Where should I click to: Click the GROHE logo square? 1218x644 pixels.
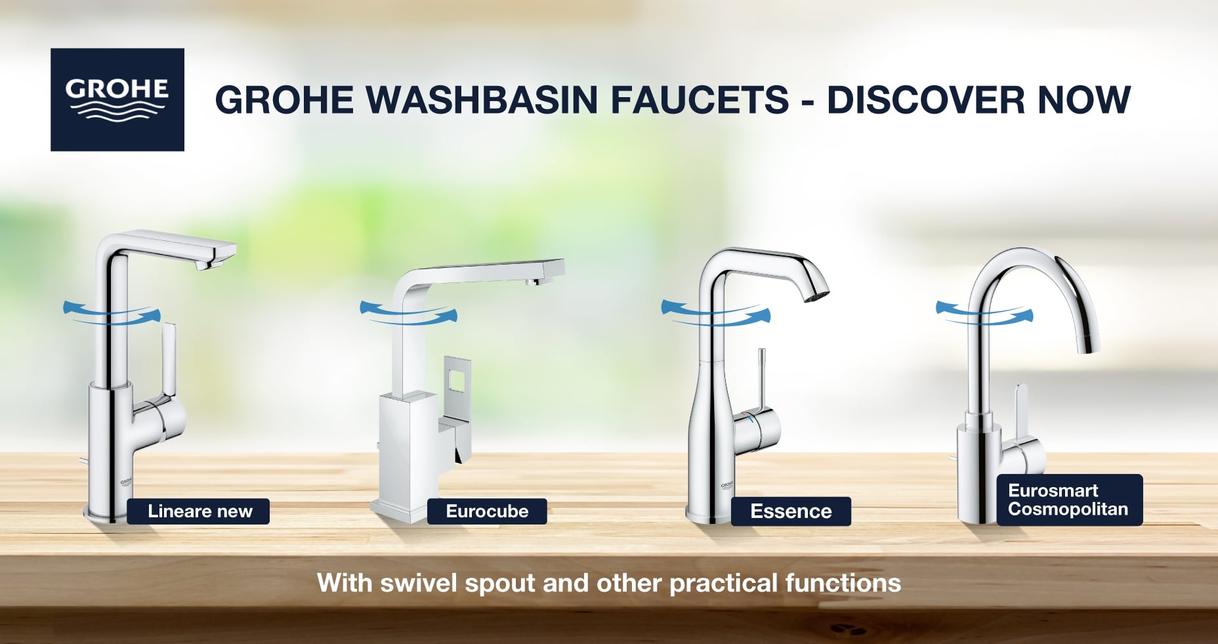(117, 99)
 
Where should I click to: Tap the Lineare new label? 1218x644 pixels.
(198, 511)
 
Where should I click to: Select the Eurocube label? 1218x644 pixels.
(487, 511)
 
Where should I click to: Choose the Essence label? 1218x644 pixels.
(791, 511)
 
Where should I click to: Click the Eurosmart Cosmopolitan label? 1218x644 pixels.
(1070, 500)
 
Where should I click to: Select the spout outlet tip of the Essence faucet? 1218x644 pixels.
(817, 295)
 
